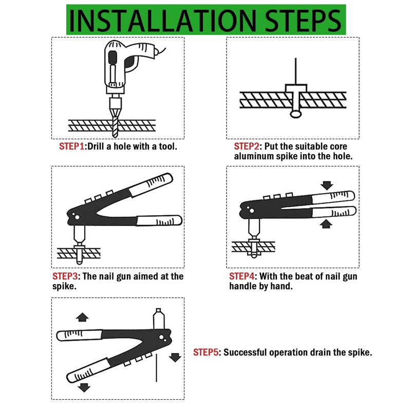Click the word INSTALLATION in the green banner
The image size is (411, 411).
[162, 21]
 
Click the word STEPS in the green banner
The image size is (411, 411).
[303, 21]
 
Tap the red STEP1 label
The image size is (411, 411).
[71, 146]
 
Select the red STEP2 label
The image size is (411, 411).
[247, 146]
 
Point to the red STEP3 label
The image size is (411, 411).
[65, 276]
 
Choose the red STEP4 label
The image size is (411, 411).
[241, 276]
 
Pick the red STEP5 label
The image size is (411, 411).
[206, 352]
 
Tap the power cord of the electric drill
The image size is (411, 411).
[161, 51]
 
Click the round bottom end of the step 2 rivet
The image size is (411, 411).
[296, 114]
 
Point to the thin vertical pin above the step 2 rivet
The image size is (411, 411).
[296, 71]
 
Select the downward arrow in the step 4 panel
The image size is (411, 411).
[327, 185]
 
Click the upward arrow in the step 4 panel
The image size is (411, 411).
[326, 224]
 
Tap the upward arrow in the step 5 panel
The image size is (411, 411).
[82, 317]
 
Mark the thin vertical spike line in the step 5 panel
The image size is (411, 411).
[157, 368]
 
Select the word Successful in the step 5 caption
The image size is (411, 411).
[245, 352]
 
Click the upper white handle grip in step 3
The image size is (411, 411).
[151, 184]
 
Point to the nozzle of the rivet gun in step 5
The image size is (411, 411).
[159, 319]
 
